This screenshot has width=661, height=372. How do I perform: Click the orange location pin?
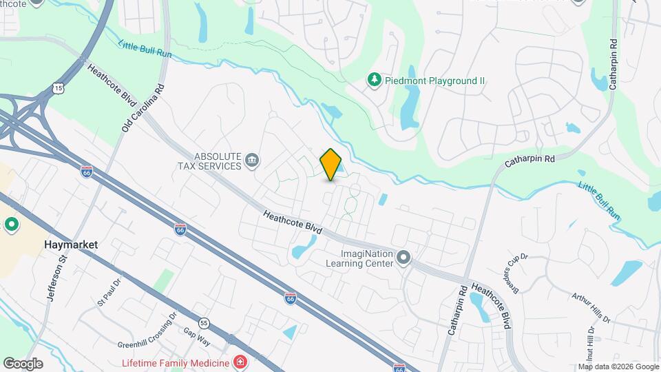click(330, 164)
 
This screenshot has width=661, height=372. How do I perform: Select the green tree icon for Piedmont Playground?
click(374, 81)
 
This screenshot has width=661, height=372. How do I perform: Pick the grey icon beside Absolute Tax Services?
click(252, 161)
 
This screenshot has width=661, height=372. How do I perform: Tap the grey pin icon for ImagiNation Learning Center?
click(404, 258)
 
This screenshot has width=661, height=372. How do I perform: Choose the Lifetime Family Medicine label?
click(176, 362)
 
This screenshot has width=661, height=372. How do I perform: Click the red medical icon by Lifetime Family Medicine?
click(240, 362)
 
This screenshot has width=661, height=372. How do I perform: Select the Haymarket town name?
click(70, 245)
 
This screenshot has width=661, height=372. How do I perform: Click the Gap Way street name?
click(197, 331)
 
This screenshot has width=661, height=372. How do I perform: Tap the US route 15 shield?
click(60, 87)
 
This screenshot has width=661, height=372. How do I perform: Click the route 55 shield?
click(204, 322)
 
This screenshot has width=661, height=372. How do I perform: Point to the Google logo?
click(23, 363)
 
